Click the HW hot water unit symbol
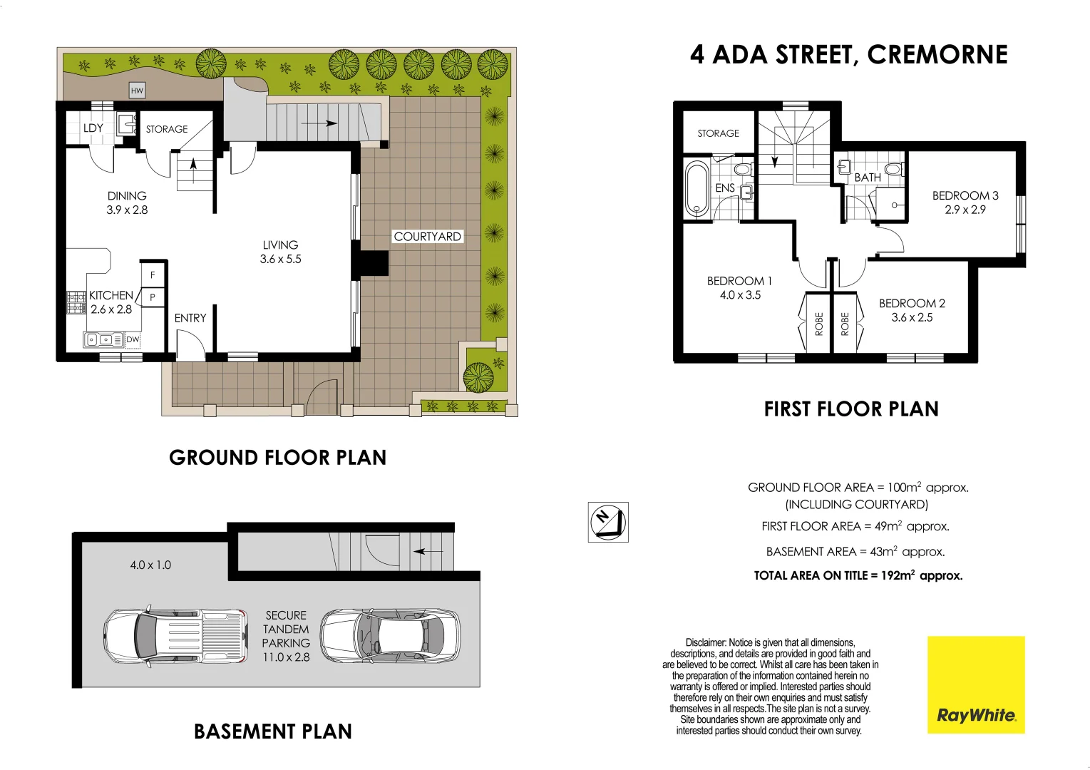coord(137,91)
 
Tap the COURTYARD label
coord(427,236)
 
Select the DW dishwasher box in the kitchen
coord(133,340)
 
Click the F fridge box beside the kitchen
coord(153,274)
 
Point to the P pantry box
coord(153,297)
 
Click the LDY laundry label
coord(93,128)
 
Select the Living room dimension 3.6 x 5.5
coord(280,260)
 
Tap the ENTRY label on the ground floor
coord(190,318)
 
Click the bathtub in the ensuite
coord(696,189)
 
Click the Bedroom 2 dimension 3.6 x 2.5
coord(912,318)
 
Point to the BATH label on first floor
coord(868,177)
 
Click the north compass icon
coord(607,522)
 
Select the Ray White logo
coord(975,684)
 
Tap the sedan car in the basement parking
coord(389,635)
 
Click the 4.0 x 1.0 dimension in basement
coord(150,565)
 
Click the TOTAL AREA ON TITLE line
coord(858,575)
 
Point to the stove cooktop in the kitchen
coord(76,303)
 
